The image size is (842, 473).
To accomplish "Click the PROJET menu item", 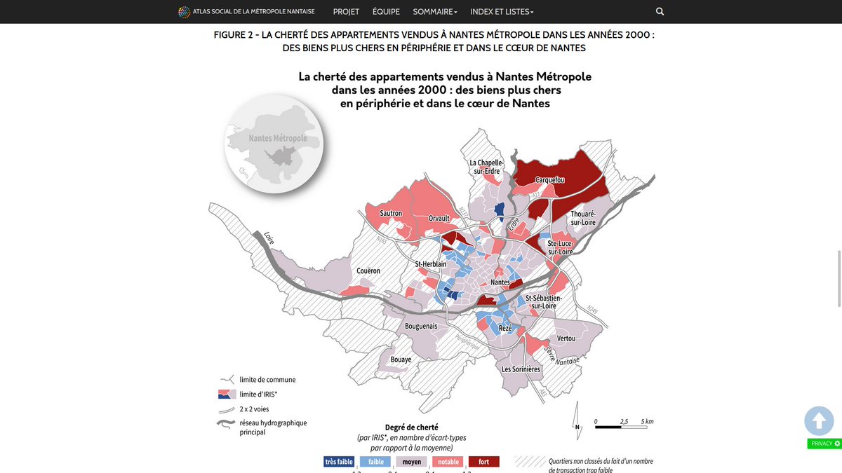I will coord(346,12).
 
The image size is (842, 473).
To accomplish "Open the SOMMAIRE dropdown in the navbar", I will coord(435,12).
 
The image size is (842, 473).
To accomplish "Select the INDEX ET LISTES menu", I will coord(502,12).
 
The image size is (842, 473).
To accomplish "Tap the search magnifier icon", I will coord(660,12).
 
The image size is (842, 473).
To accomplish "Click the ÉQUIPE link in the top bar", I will coord(386,12).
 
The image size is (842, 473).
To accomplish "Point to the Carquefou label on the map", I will coord(550,180).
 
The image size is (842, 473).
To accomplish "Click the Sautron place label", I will coord(391,213).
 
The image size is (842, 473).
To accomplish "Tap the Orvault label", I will coord(439,219).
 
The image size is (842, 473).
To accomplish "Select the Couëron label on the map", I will coord(368,270).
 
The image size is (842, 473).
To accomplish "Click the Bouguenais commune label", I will coord(422,326).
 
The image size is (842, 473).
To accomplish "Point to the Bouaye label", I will coord(401,359).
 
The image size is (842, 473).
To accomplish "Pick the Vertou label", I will coord(566,338).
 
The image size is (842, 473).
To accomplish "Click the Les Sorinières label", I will coord(521,369).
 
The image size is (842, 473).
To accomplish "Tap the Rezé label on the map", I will coord(505,329).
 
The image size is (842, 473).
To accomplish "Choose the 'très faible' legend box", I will coord(339,462).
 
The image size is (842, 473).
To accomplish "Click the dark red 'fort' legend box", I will coord(483,462).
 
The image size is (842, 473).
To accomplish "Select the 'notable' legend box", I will coord(448,462).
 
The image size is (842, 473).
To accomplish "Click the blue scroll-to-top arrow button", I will coord(819,421).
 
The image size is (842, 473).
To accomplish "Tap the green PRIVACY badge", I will coord(824,444).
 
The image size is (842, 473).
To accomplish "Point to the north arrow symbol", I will coord(577,420).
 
